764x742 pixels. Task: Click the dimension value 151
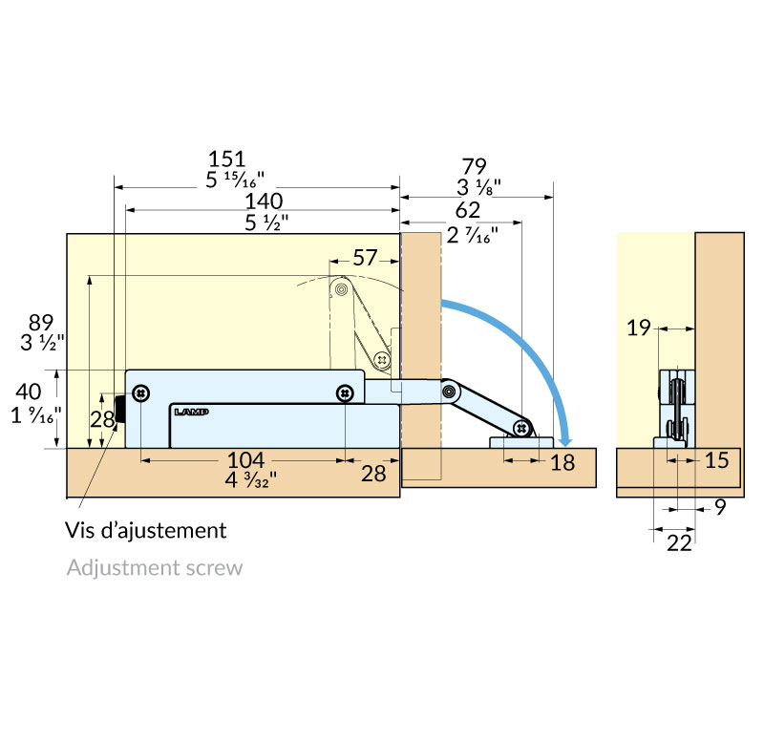point(226,159)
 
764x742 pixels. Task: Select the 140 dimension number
point(264,201)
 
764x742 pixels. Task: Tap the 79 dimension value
point(474,166)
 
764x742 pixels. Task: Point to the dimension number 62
point(468,210)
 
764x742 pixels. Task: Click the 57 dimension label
point(365,258)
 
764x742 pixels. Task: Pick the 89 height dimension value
point(41,323)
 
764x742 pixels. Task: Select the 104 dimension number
point(246,460)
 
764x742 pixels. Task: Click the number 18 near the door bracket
point(562,462)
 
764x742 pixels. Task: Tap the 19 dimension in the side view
point(639,328)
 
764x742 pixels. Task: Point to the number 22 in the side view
point(679,542)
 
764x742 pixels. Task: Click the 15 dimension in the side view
point(717,460)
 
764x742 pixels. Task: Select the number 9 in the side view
point(721,507)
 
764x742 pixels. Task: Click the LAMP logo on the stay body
point(192,413)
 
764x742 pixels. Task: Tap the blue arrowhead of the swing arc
point(564,440)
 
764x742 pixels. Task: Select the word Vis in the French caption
point(80,531)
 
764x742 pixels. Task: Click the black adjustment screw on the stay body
point(119,410)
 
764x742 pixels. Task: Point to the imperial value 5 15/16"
point(235,180)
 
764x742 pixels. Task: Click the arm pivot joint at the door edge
point(450,391)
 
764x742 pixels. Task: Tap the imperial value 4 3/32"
point(250,480)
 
